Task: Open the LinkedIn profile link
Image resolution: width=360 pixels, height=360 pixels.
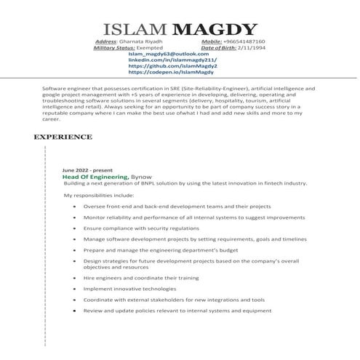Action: point(169,60)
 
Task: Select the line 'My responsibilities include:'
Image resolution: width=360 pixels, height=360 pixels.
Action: point(99,196)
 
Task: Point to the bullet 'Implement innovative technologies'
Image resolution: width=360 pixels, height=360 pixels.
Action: point(129,289)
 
